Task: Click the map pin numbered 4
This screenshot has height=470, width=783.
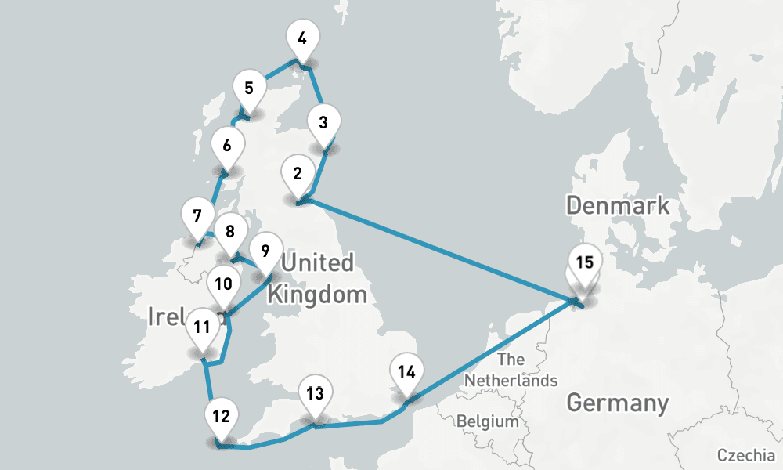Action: [x=302, y=38]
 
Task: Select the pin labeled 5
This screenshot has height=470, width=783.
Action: [x=249, y=88]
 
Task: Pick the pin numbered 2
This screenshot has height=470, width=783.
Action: [x=298, y=174]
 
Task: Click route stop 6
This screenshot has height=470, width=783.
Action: [x=227, y=146]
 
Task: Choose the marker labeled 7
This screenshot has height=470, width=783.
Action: [x=197, y=215]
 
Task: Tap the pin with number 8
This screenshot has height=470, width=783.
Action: [x=229, y=232]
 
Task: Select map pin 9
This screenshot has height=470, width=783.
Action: [x=265, y=251]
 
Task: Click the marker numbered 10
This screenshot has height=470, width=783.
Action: [x=223, y=284]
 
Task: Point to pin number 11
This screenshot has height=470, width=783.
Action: [x=202, y=327]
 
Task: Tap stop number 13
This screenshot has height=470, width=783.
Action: [x=315, y=393]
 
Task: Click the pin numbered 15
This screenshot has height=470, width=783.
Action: [x=584, y=262]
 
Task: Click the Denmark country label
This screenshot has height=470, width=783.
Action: [x=618, y=206]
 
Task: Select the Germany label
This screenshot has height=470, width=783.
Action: [x=617, y=403]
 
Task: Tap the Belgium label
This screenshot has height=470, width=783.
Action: [x=488, y=421]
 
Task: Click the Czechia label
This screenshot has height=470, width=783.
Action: [x=748, y=455]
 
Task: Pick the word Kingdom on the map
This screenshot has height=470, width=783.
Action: [x=317, y=295]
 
